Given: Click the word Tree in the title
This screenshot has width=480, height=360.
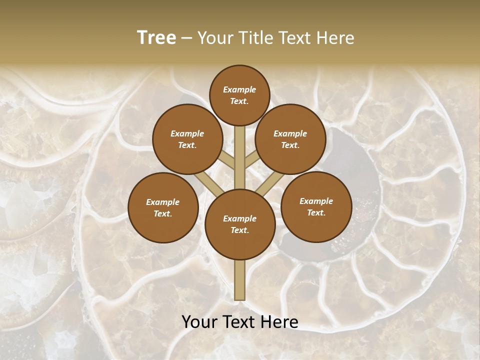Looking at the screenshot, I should coord(156,38).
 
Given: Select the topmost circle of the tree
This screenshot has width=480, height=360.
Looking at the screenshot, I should coord(239,95).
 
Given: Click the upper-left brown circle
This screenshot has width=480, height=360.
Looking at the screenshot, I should coord(187,139).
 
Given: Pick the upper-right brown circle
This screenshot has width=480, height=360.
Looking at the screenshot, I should coord(290,139).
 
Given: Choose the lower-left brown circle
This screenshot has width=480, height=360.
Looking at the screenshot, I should coord(162,207).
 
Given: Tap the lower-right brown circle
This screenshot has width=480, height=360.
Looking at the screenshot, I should coord(316,206).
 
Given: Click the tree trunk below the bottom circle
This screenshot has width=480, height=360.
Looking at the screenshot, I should coord(239,280).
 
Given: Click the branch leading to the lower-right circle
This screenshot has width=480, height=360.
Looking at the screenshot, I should coord(270,183).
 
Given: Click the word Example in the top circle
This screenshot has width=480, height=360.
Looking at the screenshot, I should coord(239,89).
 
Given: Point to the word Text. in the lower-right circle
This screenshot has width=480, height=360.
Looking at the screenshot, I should coord(316,212).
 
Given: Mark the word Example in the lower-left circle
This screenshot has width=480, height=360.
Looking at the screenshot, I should coord(162,202).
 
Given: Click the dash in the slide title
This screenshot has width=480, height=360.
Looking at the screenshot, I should coord(186,38).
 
